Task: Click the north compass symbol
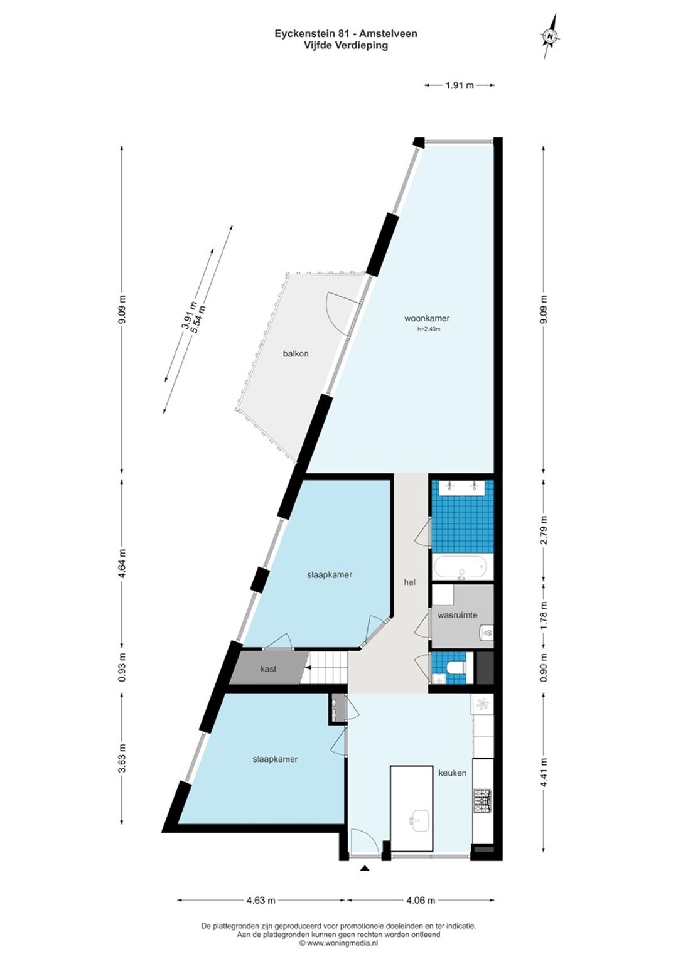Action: pyautogui.click(x=551, y=36)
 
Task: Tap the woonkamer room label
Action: pyautogui.click(x=427, y=319)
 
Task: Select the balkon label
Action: pyautogui.click(x=296, y=354)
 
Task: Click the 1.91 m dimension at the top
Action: pyautogui.click(x=460, y=85)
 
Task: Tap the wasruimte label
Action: pyautogui.click(x=457, y=615)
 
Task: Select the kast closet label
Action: pyautogui.click(x=268, y=669)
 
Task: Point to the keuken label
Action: pyautogui.click(x=452, y=773)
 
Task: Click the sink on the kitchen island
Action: pyautogui.click(x=416, y=820)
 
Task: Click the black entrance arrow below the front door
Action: pyautogui.click(x=365, y=868)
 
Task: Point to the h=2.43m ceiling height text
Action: pyautogui.click(x=429, y=329)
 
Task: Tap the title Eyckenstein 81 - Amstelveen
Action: pyautogui.click(x=346, y=34)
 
